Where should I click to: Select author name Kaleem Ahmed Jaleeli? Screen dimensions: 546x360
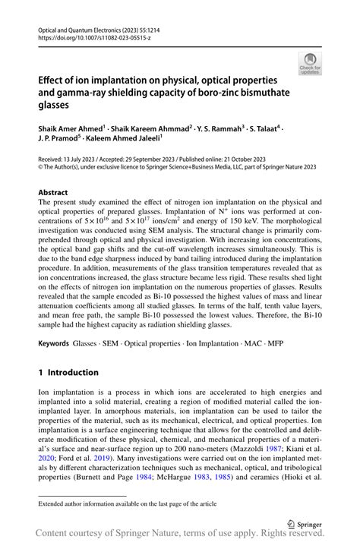(124, 140)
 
